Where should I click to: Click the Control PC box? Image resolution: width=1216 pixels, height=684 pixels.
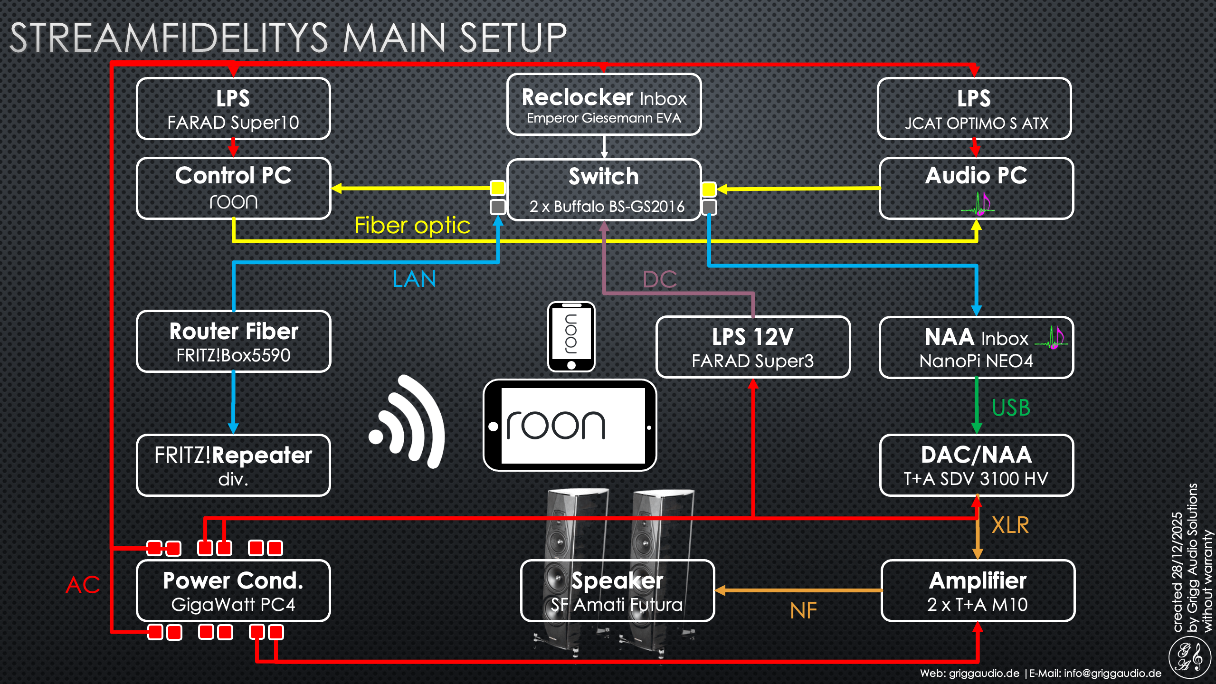(x=233, y=188)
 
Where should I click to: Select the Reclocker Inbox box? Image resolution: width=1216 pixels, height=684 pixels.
(x=604, y=104)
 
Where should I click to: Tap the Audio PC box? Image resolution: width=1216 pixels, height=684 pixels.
(x=976, y=188)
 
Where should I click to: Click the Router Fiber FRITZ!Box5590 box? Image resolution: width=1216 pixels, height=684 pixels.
(x=233, y=342)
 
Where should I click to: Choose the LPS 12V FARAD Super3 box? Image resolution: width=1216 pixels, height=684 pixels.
(x=753, y=347)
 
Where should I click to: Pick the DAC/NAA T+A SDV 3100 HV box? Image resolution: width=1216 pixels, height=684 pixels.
(x=977, y=465)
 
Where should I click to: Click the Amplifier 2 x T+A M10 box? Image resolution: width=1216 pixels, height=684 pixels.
(x=978, y=591)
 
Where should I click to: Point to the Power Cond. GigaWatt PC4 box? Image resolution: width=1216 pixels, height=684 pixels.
(x=233, y=591)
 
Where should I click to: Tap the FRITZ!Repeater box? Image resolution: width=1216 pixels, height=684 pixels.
(x=233, y=465)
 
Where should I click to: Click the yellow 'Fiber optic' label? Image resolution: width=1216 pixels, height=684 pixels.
(x=412, y=225)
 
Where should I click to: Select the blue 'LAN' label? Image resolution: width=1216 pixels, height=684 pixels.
(x=414, y=279)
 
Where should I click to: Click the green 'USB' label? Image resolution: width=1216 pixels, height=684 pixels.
(x=1011, y=408)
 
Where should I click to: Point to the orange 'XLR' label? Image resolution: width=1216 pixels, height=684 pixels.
(x=1010, y=525)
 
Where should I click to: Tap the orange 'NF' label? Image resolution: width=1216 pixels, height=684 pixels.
(x=803, y=610)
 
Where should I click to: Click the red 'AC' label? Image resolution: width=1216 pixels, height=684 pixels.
(x=83, y=585)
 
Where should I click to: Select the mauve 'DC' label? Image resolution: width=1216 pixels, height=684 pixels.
(x=659, y=279)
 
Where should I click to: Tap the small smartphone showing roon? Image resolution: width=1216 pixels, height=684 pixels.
(x=571, y=336)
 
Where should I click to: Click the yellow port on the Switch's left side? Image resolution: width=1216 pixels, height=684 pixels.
(x=498, y=188)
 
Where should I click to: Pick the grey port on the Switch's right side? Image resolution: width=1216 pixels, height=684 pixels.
(x=709, y=207)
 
